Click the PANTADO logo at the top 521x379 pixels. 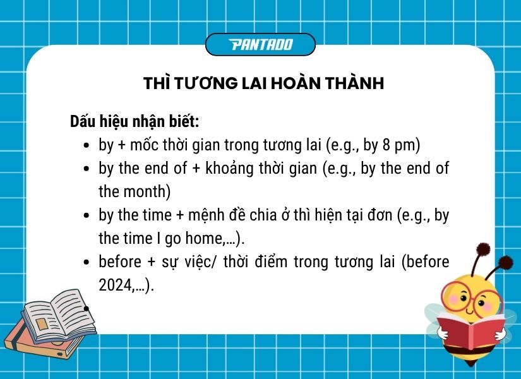[260, 44]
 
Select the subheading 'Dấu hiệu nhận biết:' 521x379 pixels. [135, 121]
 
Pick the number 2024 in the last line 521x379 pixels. [113, 285]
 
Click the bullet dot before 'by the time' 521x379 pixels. [87, 215]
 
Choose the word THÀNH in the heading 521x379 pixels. [355, 83]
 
